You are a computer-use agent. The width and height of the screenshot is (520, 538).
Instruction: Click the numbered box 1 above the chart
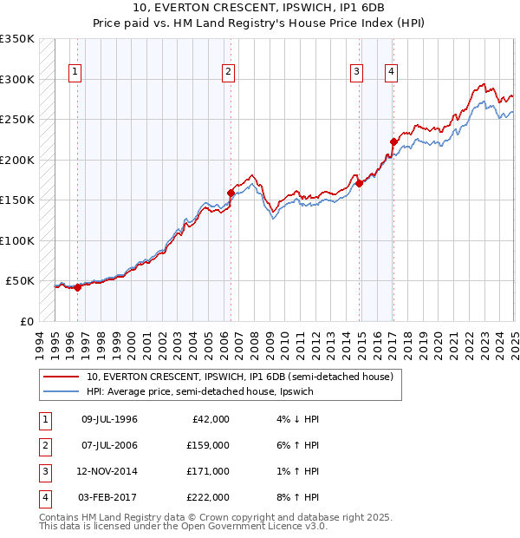pos(75,72)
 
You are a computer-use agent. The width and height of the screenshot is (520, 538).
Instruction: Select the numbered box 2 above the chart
pos(228,72)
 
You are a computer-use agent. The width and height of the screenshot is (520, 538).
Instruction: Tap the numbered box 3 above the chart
pos(356,72)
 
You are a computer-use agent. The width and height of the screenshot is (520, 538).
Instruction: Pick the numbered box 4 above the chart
pos(392,72)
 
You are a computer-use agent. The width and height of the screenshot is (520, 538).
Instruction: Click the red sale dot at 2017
pos(393,141)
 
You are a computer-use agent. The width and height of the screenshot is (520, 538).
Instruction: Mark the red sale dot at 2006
pos(231,193)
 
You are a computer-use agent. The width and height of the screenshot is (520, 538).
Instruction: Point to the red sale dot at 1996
pos(77,287)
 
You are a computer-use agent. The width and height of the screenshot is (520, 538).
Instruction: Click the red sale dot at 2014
pos(359,183)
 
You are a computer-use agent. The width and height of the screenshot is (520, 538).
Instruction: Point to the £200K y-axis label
pos(17,160)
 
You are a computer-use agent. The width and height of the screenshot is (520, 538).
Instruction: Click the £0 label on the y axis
pos(27,321)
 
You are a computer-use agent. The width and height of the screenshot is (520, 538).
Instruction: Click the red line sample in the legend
pos(62,377)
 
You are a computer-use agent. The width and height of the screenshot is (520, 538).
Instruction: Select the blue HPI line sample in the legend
pos(62,390)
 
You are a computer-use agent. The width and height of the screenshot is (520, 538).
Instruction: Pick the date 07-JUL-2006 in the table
pos(109,445)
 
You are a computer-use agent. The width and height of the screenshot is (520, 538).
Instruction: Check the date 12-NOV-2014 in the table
pos(109,471)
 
